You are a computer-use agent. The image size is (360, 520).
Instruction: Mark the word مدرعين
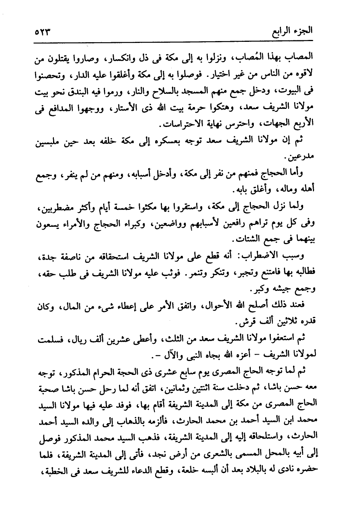click(297, 156)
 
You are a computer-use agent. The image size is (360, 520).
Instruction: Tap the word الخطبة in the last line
click(50, 470)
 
